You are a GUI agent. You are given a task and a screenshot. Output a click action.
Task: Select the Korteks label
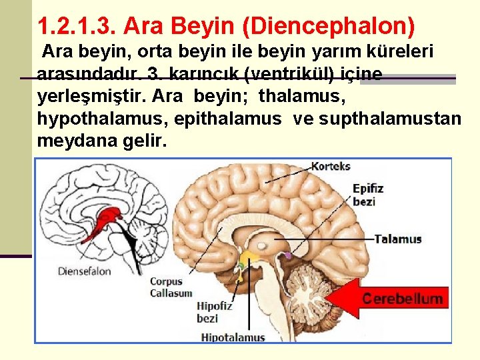(330, 166)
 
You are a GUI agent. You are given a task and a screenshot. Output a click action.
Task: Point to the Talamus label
(398, 239)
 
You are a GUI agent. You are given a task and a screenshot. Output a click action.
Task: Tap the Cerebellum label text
(402, 299)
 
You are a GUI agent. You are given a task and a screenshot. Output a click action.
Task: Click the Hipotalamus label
(233, 337)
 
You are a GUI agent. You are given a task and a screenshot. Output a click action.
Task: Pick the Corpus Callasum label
(171, 287)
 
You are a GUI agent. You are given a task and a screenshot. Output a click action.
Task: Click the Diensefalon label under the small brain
(84, 271)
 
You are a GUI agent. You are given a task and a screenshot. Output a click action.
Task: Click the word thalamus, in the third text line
(301, 96)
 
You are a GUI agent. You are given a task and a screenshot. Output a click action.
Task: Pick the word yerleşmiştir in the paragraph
(91, 96)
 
